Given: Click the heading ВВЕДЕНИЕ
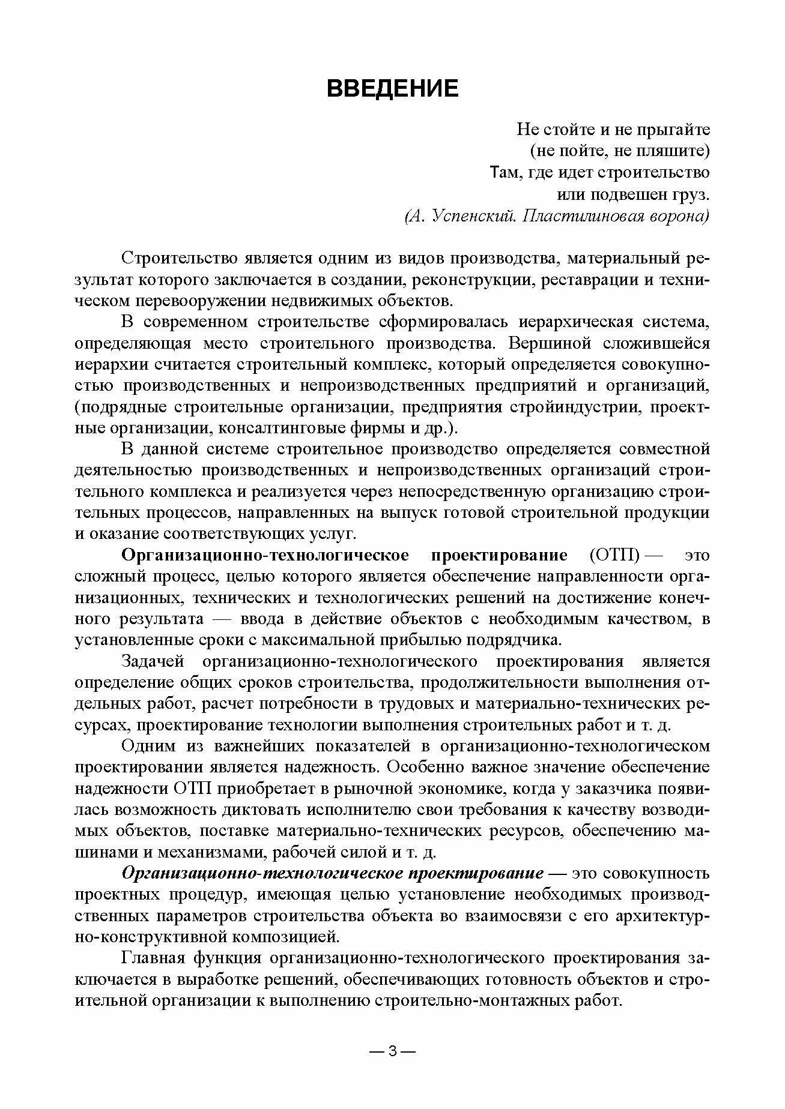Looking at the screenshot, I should [x=392, y=88].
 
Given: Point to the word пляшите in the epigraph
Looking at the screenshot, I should [x=677, y=151].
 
